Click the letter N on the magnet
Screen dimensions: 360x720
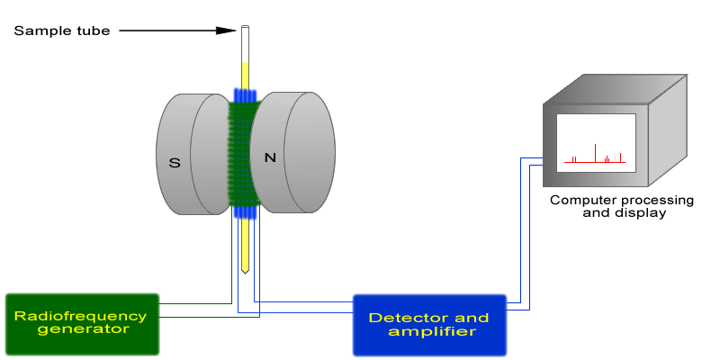(269, 157)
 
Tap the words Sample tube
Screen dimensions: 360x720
(62, 31)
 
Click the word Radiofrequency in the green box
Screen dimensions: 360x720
(80, 316)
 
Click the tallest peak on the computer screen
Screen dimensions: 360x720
(595, 152)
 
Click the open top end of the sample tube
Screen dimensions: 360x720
(245, 29)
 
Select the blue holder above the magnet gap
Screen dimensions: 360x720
(245, 94)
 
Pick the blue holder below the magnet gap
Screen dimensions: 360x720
(245, 213)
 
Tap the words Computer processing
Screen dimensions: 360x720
(622, 200)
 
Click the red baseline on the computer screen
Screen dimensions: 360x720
(594, 163)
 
